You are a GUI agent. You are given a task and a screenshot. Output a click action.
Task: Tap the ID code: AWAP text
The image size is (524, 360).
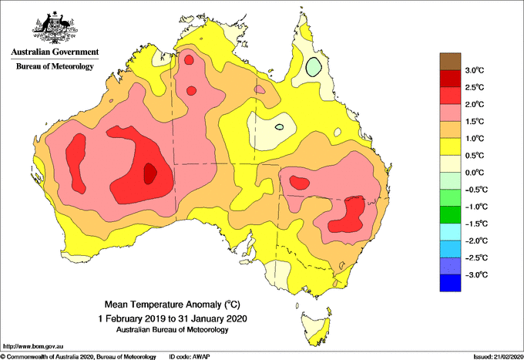(190, 356)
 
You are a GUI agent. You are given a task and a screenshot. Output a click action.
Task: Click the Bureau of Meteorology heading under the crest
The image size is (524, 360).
(54, 67)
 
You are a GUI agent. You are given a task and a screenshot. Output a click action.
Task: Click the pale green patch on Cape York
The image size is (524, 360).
(313, 66)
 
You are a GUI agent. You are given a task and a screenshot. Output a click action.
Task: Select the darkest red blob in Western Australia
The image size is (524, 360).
(150, 173)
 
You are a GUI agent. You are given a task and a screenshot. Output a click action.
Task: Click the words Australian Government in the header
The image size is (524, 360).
(54, 52)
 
